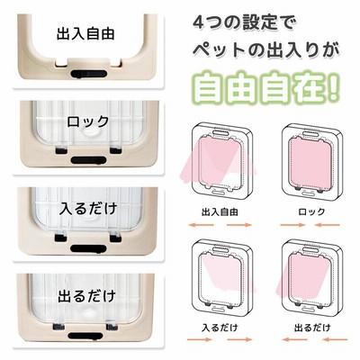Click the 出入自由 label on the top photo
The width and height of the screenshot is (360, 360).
[85, 33]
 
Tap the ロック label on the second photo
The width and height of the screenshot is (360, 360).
[87, 121]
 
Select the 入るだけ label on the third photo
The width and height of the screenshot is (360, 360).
[88, 208]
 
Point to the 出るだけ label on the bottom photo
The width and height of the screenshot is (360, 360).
[86, 295]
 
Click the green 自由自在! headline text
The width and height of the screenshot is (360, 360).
[266, 87]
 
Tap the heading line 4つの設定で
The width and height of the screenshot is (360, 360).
[244, 23]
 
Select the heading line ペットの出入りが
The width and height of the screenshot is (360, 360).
[266, 49]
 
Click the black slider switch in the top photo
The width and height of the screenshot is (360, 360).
[88, 74]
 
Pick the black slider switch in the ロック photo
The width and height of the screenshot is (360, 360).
[88, 160]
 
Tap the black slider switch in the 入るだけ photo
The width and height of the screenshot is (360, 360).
[88, 248]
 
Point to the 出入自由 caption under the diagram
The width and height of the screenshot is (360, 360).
[220, 212]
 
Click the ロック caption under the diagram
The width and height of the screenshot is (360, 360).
[311, 211]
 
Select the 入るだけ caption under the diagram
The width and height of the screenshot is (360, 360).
[220, 328]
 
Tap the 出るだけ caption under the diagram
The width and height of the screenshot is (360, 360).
[312, 328]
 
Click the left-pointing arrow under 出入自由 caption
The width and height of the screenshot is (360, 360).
[201, 225]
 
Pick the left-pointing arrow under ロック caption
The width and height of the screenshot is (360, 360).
[328, 225]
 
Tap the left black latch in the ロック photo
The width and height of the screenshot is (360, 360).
[61, 149]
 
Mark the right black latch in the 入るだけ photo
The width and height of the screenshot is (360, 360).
[115, 238]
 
